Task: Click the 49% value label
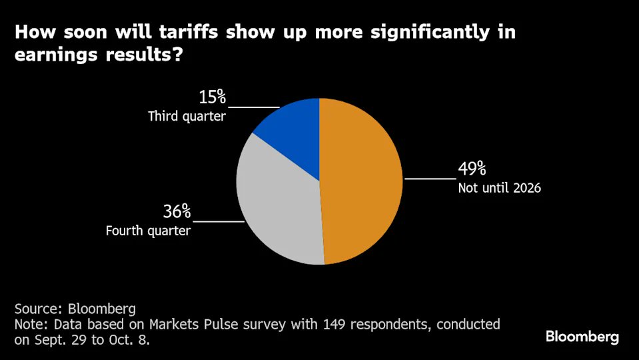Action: coord(472,170)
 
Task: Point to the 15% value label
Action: coord(213,98)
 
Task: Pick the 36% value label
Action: coord(177,213)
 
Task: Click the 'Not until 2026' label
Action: coord(499,188)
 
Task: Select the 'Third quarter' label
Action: coord(187,117)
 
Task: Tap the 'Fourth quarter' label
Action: coord(148,231)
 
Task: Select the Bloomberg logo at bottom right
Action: coord(582,337)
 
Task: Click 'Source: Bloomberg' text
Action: coord(75,309)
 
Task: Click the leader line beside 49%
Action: coord(430,179)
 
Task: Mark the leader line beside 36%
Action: coord(219,221)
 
